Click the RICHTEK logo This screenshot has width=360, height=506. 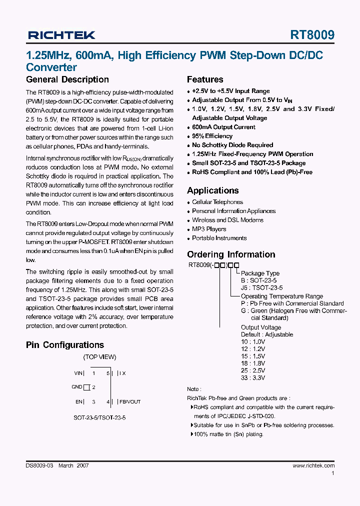click(x=61, y=35)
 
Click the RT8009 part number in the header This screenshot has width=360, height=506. click(x=312, y=35)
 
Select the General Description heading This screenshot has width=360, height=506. click(x=67, y=79)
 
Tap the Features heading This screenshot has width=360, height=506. click(x=205, y=79)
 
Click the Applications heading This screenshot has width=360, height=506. click(x=213, y=190)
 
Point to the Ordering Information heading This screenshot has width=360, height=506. click(x=231, y=254)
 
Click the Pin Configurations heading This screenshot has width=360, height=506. click(x=65, y=345)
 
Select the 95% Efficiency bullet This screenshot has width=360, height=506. click(x=212, y=136)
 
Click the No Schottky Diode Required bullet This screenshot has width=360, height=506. click(x=232, y=145)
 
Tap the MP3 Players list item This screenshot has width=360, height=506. click(x=209, y=229)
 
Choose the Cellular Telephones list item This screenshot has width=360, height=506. click(x=217, y=202)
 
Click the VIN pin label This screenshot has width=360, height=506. click(x=79, y=373)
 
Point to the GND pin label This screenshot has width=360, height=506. click(x=76, y=387)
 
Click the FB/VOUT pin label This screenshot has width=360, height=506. click(x=130, y=401)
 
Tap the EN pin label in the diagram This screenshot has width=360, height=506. click(x=79, y=401)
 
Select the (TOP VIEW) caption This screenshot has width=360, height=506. click(x=99, y=357)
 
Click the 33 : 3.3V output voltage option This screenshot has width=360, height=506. click(x=253, y=378)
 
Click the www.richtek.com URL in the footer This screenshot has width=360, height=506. click(x=313, y=465)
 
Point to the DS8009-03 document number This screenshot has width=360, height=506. click(x=39, y=465)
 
